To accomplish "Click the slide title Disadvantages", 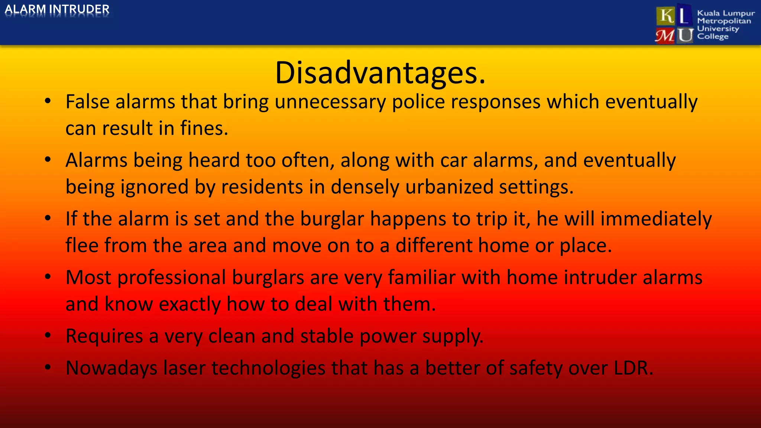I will click(x=380, y=73).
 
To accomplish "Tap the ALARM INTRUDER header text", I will click(x=57, y=9).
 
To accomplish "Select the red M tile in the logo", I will click(x=665, y=36).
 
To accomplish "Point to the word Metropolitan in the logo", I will click(x=724, y=21).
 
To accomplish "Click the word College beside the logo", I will click(x=713, y=36).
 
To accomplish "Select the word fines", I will click(x=204, y=129).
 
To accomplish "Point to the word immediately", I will click(x=656, y=219).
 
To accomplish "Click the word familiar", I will click(x=422, y=278).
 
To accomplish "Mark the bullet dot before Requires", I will click(x=48, y=335).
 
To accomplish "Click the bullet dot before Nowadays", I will click(x=48, y=367).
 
